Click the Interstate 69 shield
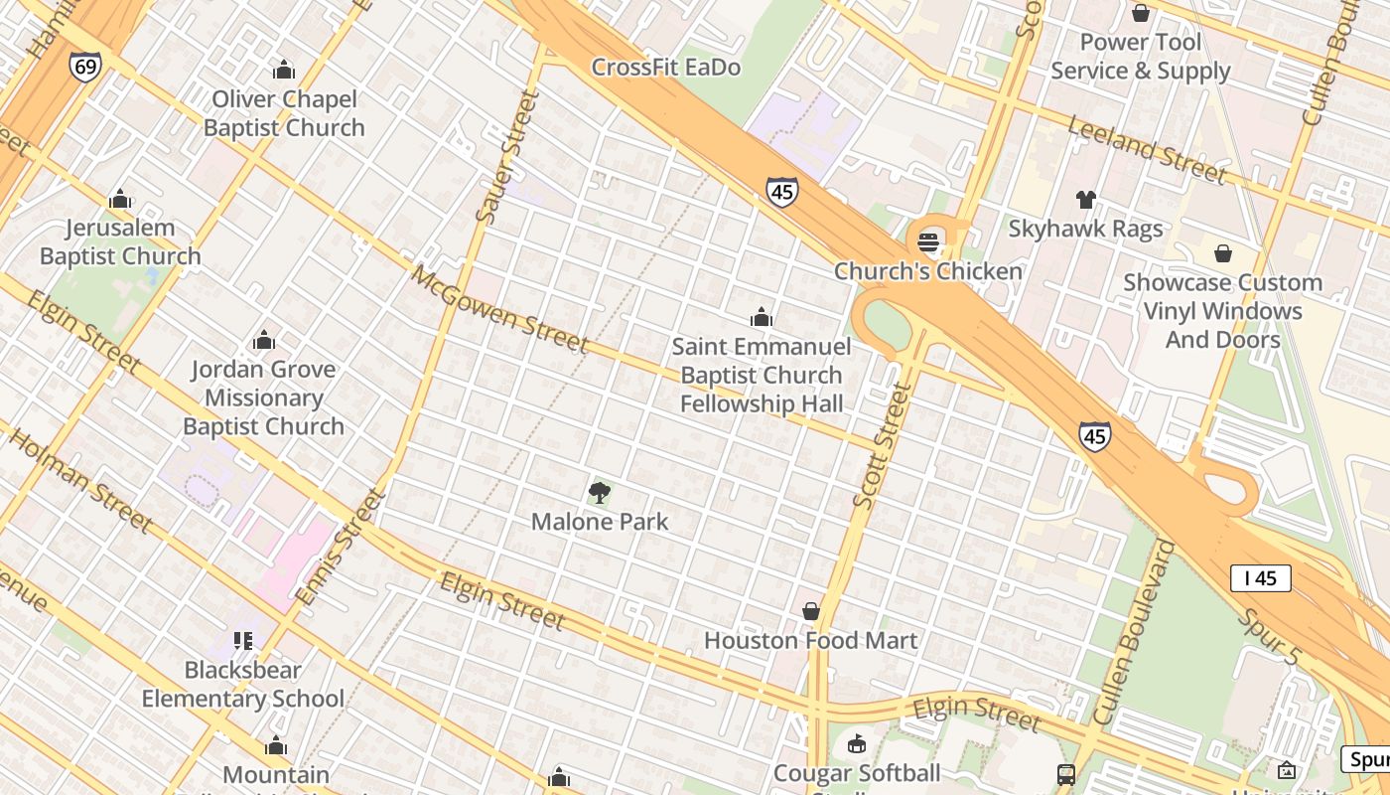pyautogui.click(x=84, y=68)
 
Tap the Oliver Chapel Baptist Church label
pyautogui.click(x=284, y=113)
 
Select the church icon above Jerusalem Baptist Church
pyautogui.click(x=120, y=199)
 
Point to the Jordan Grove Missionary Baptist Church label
pyautogui.click(x=263, y=397)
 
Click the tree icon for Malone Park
pyautogui.click(x=599, y=492)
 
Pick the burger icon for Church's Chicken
pyautogui.click(x=928, y=241)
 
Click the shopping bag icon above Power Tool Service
pyautogui.click(x=1141, y=13)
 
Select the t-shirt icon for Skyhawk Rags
pyautogui.click(x=1085, y=200)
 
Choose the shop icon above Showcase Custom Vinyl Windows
pyautogui.click(x=1222, y=253)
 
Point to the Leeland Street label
pyautogui.click(x=1147, y=148)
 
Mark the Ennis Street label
pyautogui.click(x=341, y=548)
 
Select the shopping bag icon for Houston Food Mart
pyautogui.click(x=811, y=611)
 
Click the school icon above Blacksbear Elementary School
pyautogui.click(x=243, y=641)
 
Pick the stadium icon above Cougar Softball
pyautogui.click(x=856, y=743)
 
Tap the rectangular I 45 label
pyautogui.click(x=1260, y=577)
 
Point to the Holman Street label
pyautogui.click(x=79, y=478)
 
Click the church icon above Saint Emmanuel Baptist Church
pyautogui.click(x=762, y=317)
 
